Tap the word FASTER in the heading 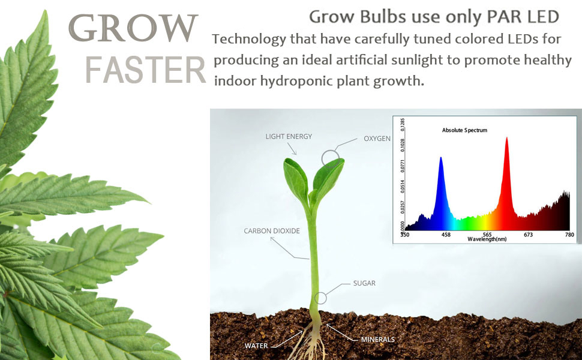coord(145,70)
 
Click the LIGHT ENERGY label coord(289,137)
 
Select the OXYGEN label coord(377,139)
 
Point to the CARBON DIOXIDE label coord(272,231)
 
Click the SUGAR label coord(364,283)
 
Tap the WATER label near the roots coord(256,346)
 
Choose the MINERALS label coord(378,339)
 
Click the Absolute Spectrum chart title coord(464,130)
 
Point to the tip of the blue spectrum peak coord(440,157)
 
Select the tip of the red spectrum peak coord(506,137)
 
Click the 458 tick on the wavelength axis coord(446,235)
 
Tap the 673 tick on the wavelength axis coord(528,235)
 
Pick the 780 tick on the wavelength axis coord(569,235)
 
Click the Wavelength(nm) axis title coord(487,239)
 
